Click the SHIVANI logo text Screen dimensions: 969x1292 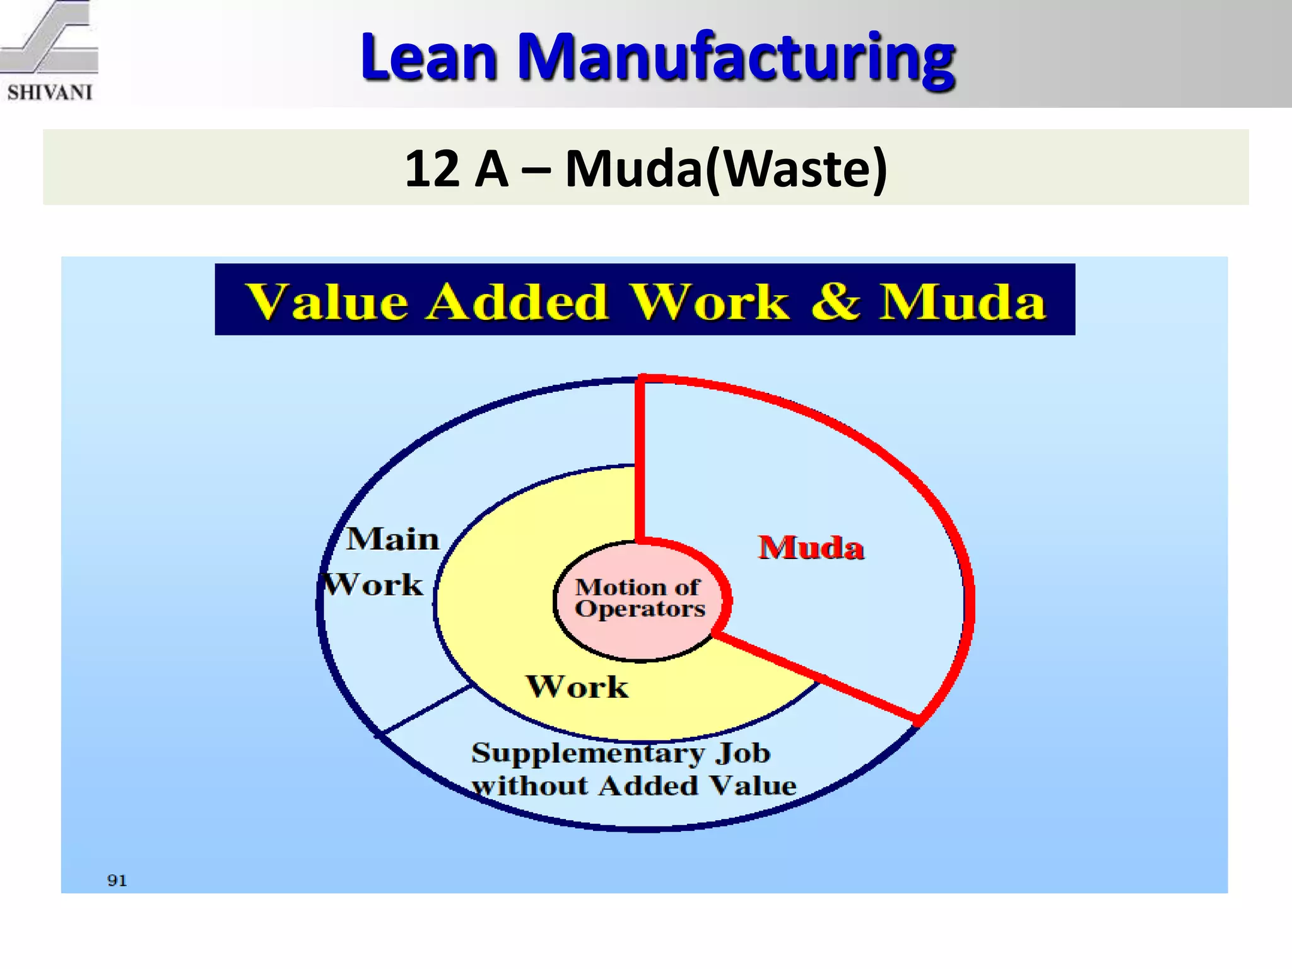[x=50, y=93]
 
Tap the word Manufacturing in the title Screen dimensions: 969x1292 [x=736, y=58]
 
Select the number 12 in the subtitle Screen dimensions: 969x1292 [x=432, y=169]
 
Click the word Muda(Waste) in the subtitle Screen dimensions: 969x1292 [x=726, y=169]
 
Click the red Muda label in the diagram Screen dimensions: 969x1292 [x=811, y=547]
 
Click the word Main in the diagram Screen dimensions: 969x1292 [x=392, y=539]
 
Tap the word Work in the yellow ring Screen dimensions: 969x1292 [x=577, y=686]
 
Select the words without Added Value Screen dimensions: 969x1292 [x=633, y=786]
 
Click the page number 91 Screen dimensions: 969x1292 [x=117, y=881]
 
